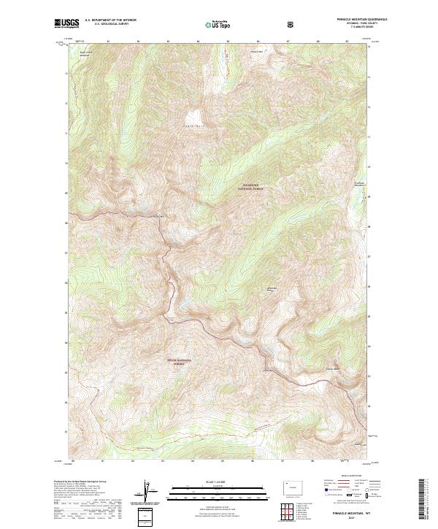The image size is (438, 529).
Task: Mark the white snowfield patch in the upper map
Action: click(x=193, y=117)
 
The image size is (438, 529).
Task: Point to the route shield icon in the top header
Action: click(x=292, y=24)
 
